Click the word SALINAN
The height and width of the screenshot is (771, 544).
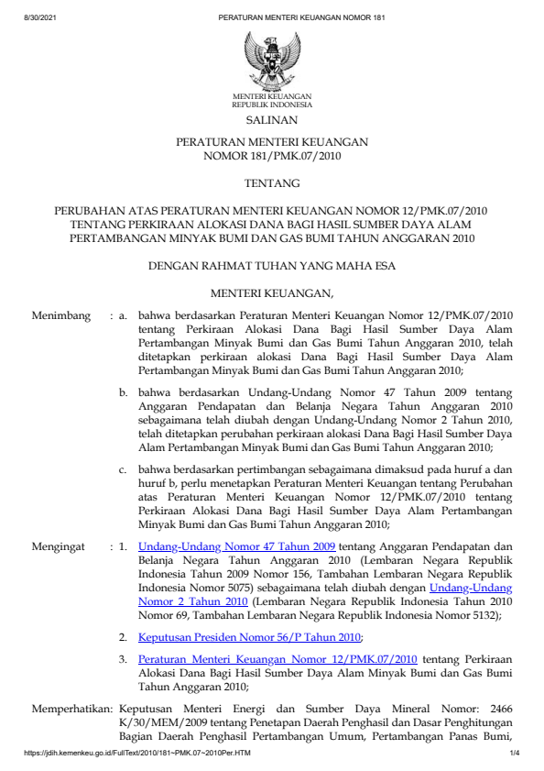[x=272, y=119]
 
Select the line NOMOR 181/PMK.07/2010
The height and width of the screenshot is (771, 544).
[x=272, y=157]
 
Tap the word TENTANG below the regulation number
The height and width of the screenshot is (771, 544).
[x=272, y=183]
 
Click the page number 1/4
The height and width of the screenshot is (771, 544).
[x=514, y=752]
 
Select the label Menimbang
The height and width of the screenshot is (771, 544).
[x=61, y=316]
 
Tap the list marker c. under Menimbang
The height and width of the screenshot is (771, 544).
[x=123, y=469]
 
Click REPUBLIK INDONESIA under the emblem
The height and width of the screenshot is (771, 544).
[x=272, y=104]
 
